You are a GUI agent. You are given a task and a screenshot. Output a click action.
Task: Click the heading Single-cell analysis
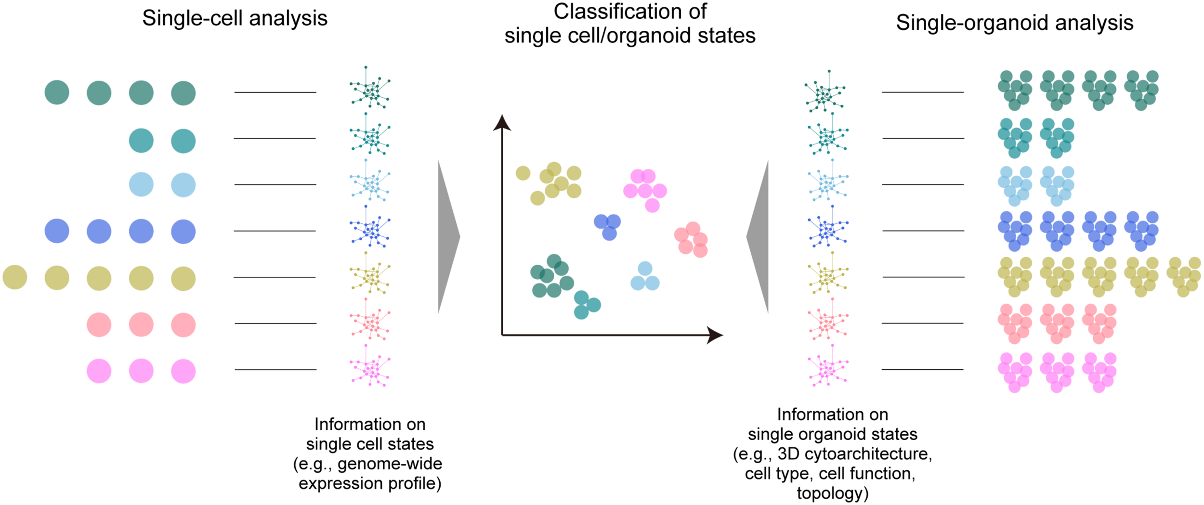(235, 19)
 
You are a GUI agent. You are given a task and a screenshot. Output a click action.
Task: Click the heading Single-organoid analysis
(1014, 23)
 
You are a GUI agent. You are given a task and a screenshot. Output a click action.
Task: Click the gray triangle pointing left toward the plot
(759, 237)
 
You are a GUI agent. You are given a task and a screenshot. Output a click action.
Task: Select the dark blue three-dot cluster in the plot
(608, 226)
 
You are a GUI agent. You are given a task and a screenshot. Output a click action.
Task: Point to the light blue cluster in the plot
(645, 277)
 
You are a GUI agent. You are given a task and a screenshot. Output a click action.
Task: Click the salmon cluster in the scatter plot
(692, 239)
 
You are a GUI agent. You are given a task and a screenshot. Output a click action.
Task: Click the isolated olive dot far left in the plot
(523, 173)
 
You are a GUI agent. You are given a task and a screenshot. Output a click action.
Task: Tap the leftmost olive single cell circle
(15, 277)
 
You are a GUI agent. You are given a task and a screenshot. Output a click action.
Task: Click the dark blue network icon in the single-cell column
(370, 230)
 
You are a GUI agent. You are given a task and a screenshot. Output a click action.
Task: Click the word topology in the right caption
(831, 493)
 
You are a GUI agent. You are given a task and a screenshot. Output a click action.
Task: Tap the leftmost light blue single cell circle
(141, 184)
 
